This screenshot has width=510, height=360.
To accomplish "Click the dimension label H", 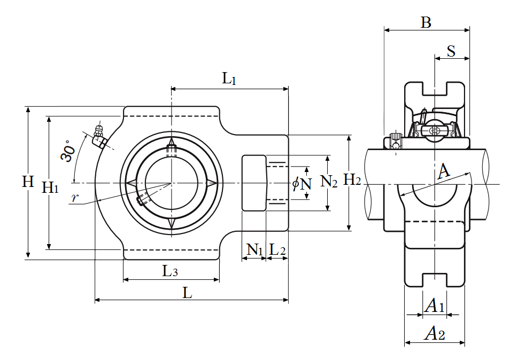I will (x=28, y=182).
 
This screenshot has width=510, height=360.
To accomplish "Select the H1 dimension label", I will (x=50, y=187).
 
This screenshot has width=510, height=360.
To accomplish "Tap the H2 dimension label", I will (x=352, y=180).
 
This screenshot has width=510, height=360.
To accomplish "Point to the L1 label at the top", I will (x=229, y=80).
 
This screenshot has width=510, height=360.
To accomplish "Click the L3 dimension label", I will (x=170, y=271).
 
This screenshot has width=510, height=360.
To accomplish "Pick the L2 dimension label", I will (x=277, y=249).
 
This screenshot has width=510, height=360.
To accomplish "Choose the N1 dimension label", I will (x=254, y=249).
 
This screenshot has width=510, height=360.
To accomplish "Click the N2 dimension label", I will (x=329, y=182).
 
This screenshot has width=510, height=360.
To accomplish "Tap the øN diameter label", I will (x=302, y=184).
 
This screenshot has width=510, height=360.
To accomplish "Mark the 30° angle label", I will (x=67, y=151).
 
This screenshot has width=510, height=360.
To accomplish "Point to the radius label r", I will (x=75, y=198).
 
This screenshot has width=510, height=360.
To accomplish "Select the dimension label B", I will (x=426, y=22).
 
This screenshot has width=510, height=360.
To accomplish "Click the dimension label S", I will (x=451, y=51).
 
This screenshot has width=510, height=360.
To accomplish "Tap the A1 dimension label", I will (x=434, y=307).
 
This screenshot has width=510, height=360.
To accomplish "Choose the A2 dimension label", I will (x=434, y=334).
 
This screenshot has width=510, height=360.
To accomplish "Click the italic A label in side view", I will (x=444, y=172).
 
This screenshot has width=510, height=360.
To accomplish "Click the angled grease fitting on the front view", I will (x=99, y=136).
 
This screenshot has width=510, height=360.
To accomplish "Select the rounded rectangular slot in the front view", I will (x=254, y=183).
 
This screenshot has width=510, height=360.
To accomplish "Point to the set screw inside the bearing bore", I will (x=143, y=200).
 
